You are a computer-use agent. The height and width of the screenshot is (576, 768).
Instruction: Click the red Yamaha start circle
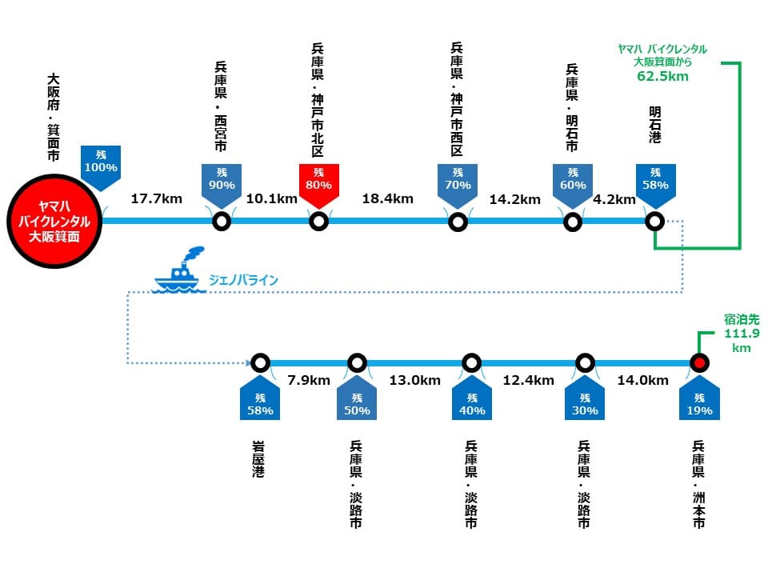point(54,221)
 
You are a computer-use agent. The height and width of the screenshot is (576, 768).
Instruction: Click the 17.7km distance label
point(156,199)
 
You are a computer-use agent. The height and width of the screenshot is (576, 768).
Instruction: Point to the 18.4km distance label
point(387,199)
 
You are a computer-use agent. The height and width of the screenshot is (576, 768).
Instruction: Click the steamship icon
point(178,270)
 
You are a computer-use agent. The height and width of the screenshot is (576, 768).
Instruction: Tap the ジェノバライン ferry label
point(243,280)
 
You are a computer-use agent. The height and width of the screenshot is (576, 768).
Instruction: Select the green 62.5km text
point(662,77)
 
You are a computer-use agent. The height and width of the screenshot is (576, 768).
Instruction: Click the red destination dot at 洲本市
point(699,363)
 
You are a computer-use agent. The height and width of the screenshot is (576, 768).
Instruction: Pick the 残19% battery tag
point(699,399)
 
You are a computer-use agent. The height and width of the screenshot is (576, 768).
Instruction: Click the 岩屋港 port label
point(258,459)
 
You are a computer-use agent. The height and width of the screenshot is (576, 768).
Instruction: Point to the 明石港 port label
point(655,125)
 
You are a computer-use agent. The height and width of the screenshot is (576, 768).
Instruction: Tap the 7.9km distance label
point(309,381)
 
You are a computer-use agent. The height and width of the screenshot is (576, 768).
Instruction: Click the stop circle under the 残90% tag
point(222,222)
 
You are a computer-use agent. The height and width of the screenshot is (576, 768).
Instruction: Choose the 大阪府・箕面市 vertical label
point(54,118)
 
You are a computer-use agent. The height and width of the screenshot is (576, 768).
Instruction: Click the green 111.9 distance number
point(742,334)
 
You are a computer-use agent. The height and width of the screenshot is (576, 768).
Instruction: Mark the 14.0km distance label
point(642,381)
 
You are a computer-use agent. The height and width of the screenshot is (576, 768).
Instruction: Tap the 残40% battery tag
point(472,399)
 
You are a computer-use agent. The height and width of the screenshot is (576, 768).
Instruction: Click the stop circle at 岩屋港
point(260,363)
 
